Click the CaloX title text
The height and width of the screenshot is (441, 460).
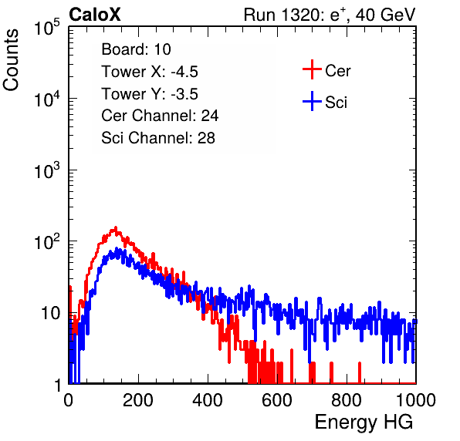(95, 15)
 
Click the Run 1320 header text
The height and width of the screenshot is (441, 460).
(330, 15)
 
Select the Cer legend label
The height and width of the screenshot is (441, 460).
(337, 71)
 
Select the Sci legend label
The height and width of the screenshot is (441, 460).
(336, 103)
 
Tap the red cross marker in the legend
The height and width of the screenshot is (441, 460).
(312, 69)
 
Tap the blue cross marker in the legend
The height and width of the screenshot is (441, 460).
(312, 101)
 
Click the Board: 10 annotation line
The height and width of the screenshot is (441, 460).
(136, 49)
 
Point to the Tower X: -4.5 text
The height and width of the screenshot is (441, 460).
(150, 72)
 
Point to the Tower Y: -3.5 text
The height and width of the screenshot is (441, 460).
(150, 94)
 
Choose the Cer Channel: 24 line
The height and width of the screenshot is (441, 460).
(160, 116)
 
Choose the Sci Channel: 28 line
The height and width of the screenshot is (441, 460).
(158, 138)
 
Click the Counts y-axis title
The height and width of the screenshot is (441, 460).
(11, 60)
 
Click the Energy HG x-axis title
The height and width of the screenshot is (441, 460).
(364, 422)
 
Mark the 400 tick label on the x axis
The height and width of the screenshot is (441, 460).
(208, 400)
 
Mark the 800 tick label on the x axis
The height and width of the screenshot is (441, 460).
(347, 400)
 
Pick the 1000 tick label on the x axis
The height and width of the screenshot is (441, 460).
(416, 400)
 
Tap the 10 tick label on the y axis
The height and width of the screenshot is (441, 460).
(51, 314)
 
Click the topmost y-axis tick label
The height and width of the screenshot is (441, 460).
(47, 28)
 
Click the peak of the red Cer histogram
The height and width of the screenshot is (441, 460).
(116, 227)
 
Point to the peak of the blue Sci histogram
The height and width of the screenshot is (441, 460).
(117, 249)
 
